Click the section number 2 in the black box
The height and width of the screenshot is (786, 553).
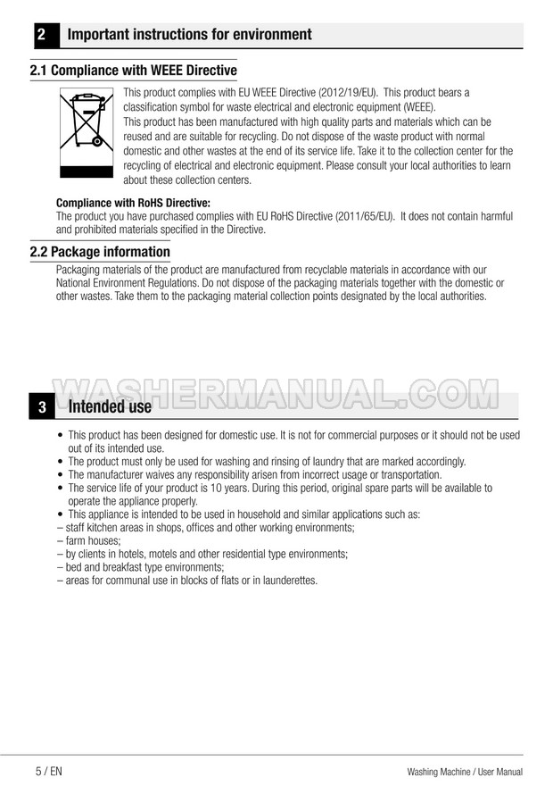[42, 36]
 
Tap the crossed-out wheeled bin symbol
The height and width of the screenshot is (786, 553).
[87, 121]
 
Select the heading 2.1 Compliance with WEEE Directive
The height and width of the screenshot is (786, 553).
[134, 71]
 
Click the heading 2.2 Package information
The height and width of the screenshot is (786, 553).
[100, 252]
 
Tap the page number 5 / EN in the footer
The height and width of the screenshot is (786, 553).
[49, 771]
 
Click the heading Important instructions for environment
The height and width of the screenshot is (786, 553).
[190, 36]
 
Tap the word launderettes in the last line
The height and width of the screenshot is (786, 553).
[285, 580]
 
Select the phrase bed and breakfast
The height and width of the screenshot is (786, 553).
[105, 566]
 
